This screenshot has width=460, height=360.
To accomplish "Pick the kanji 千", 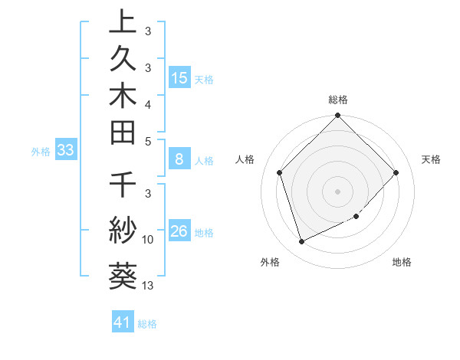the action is click(123, 186).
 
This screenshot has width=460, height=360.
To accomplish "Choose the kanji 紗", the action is click(123, 230).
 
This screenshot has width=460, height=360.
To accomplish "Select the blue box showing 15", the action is click(179, 77).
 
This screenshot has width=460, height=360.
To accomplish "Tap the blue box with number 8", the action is click(179, 160).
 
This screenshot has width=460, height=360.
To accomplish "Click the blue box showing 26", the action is click(179, 231).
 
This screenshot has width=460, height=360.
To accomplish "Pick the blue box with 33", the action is click(65, 151).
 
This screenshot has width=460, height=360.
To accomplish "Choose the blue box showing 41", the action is click(123, 323).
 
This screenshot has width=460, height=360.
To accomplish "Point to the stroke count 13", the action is click(148, 286).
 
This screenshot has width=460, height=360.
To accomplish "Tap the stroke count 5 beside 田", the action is click(148, 141).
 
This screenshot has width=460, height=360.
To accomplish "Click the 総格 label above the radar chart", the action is click(337, 100).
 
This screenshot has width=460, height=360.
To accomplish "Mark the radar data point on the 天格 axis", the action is click(396, 172).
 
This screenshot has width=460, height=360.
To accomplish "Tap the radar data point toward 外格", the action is click(301, 242).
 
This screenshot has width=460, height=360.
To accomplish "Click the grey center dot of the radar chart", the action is click(337, 191).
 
